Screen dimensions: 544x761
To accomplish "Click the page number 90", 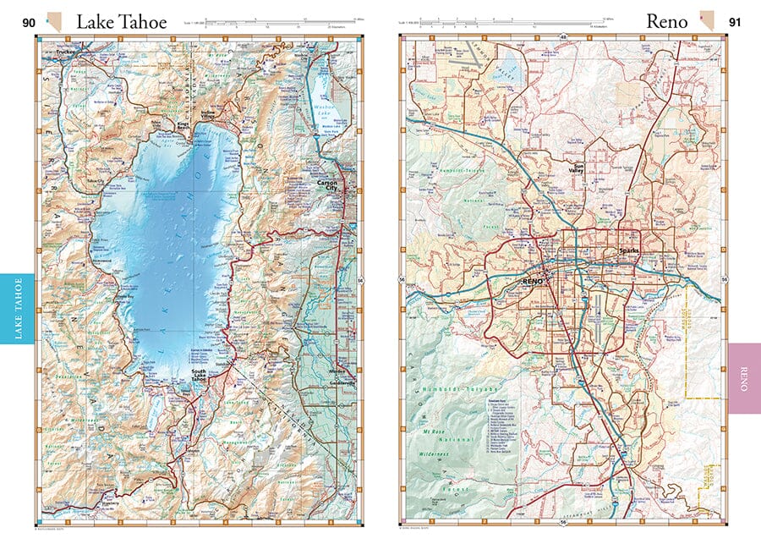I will pyautogui.click(x=29, y=22).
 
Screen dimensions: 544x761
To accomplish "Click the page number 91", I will pyautogui.click(x=734, y=22).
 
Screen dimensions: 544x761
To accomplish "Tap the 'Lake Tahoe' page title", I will pyautogui.click(x=122, y=22).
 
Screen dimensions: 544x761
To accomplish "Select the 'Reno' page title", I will pyautogui.click(x=666, y=22).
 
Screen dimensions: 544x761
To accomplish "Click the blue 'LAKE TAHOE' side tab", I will pyautogui.click(x=17, y=308).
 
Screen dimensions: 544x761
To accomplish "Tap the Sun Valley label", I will pyautogui.click(x=576, y=169).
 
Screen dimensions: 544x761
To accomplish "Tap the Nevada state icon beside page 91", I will pyautogui.click(x=705, y=20).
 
